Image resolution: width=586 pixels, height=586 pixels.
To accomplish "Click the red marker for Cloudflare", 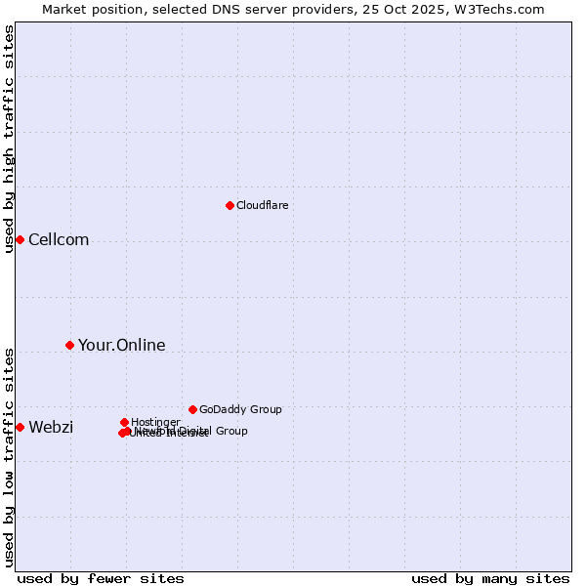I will click(x=230, y=205).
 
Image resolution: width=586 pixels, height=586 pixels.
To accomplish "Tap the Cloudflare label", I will click(x=262, y=205).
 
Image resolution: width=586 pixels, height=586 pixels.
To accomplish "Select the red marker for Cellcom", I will click(x=20, y=239).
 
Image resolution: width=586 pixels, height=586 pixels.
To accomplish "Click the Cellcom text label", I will click(x=59, y=240).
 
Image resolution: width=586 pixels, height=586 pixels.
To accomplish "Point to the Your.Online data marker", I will click(x=69, y=345).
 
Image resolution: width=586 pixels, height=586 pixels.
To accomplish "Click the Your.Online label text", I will click(x=121, y=345).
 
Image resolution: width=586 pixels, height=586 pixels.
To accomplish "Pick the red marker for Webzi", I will click(x=20, y=427).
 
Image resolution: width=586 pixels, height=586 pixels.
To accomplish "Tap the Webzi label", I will click(x=51, y=428).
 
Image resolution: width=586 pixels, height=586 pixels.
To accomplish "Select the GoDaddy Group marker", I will click(x=192, y=409).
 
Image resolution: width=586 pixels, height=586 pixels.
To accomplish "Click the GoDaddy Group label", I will click(x=240, y=409).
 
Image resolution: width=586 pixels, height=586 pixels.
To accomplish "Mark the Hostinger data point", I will click(x=124, y=422).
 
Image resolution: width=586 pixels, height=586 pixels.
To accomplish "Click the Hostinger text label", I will click(x=155, y=422).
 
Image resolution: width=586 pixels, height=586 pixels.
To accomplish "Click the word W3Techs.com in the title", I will click(x=504, y=9).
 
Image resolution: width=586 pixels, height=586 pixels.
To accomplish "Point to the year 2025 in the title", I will click(x=444, y=9).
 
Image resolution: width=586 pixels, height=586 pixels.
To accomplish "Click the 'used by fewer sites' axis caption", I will click(x=101, y=578).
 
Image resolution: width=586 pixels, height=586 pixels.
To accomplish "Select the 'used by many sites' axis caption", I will click(x=490, y=578).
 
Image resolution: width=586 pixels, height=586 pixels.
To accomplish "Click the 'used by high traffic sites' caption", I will click(x=9, y=139).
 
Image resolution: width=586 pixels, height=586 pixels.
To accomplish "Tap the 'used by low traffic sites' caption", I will click(x=9, y=457).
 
